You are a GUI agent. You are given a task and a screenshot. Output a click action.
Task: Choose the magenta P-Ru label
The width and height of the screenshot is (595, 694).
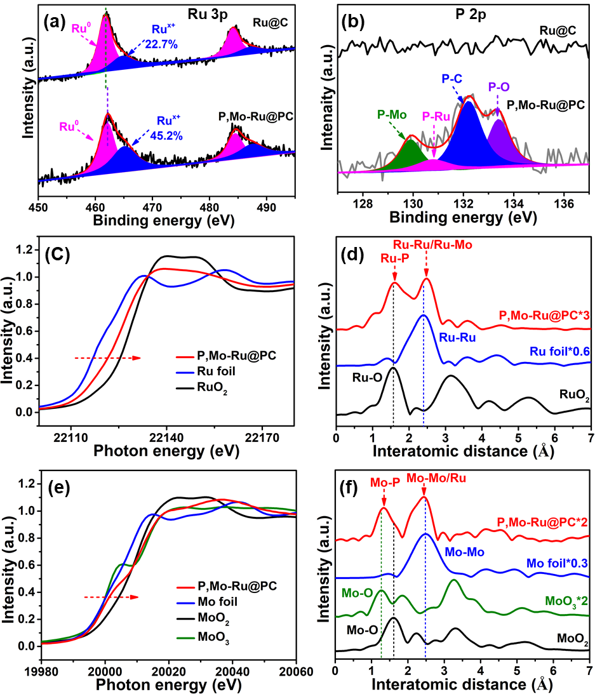[438, 117]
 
